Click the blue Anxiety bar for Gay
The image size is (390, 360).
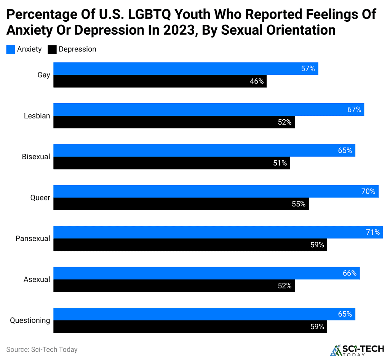coord(185,69)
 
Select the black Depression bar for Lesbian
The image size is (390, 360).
coord(174,122)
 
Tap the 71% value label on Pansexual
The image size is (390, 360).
coord(373,232)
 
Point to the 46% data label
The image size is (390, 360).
coord(256,81)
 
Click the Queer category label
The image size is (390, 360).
coord(40,198)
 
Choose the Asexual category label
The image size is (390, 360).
coord(37,279)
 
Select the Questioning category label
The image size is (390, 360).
coord(30,320)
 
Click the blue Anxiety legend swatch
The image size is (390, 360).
coord(11,50)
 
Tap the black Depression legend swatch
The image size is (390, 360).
coord(52,50)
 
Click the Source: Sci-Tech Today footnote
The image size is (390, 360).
coord(42,349)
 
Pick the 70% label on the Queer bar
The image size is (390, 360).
coord(368,191)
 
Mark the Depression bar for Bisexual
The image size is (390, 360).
coord(171,163)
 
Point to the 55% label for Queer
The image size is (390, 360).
coord(298,204)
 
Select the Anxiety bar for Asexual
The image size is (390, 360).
coord(206,273)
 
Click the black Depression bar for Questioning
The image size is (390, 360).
coord(190,326)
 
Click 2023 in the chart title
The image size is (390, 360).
coord(176,30)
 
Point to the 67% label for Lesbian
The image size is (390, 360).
coord(354,110)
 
